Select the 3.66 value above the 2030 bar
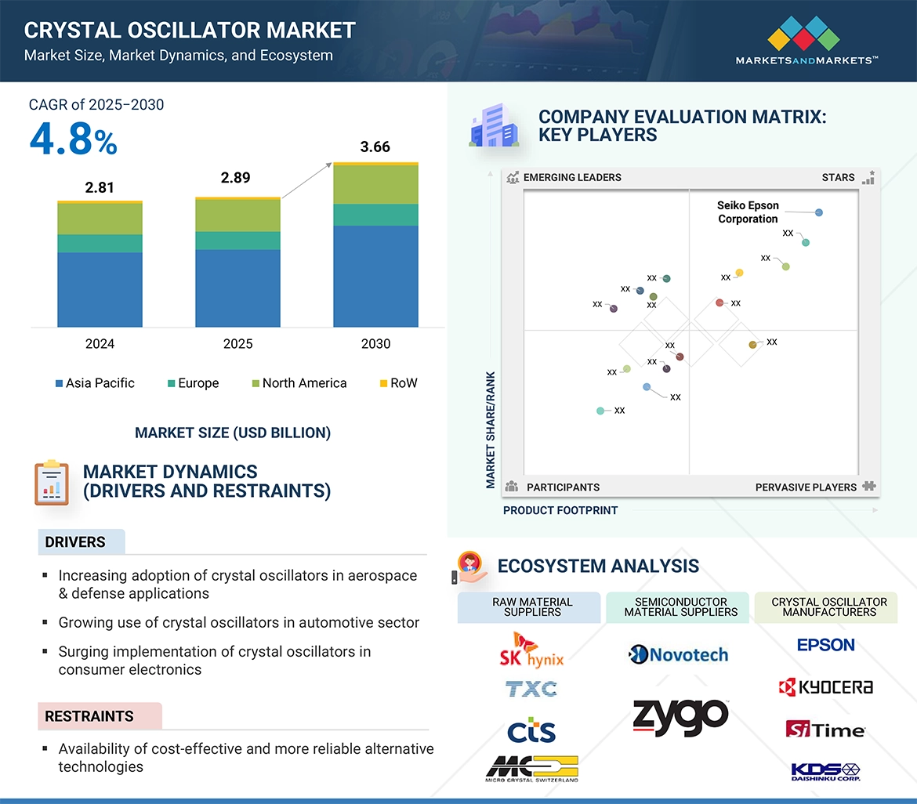click(375, 147)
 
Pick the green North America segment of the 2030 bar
click(375, 185)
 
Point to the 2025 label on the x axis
click(237, 344)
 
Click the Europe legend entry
click(193, 383)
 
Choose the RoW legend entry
click(398, 383)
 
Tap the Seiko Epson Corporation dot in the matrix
click(819, 212)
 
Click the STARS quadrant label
click(838, 177)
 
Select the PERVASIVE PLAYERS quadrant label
click(806, 487)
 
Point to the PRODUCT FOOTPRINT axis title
click(560, 510)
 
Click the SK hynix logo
click(531, 649)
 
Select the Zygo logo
click(680, 717)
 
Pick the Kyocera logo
click(825, 687)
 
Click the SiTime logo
click(825, 730)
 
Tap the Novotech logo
click(679, 654)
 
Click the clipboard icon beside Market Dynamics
click(52, 483)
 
